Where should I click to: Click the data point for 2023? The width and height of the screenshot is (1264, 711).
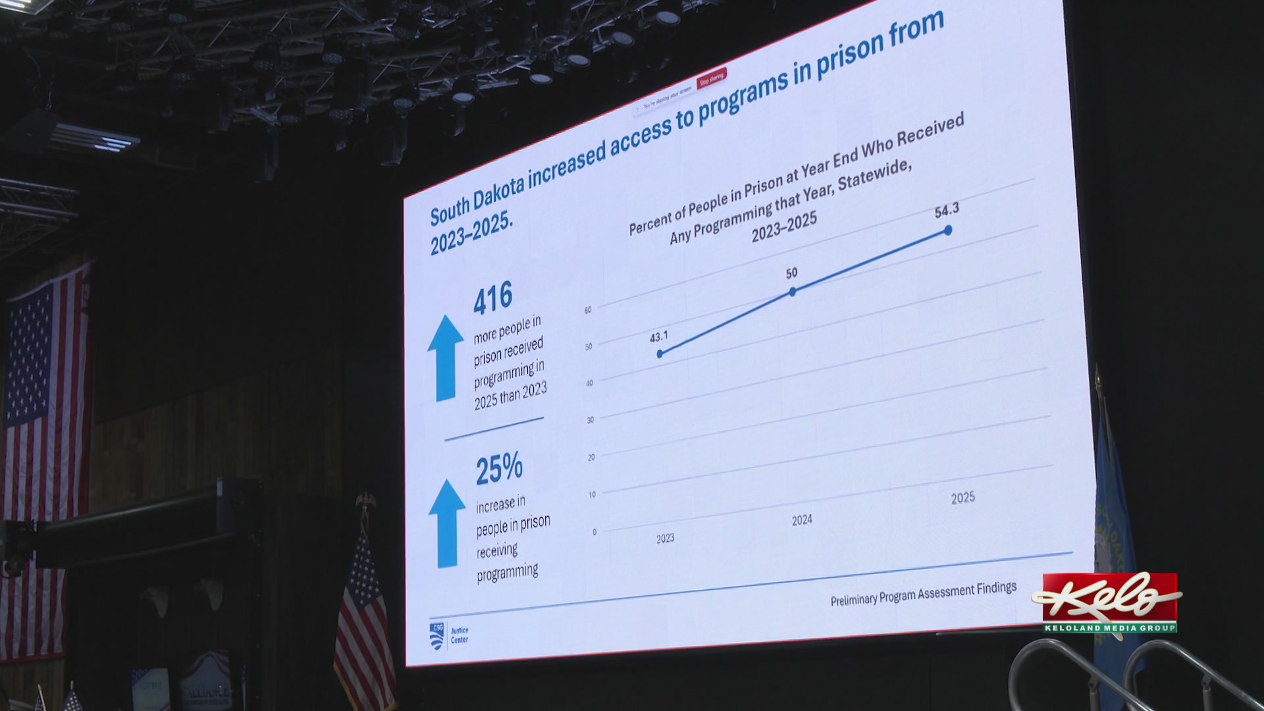coord(660,354)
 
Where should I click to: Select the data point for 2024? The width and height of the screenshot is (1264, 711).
coord(793,292)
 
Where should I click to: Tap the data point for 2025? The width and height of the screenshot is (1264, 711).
coord(948,230)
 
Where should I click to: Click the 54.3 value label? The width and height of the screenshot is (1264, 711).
coord(947,211)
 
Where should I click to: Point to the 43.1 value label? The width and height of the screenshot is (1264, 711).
coord(658,337)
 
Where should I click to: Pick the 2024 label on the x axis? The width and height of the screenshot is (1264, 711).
coord(802,521)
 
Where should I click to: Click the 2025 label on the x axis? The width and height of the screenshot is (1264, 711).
coord(962,498)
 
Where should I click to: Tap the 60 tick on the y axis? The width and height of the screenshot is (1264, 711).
coord(587,310)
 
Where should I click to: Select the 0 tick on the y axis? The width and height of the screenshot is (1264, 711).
coord(594,532)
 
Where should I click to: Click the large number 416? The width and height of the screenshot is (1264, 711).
coord(492,298)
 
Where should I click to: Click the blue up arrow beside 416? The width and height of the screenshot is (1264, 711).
coord(446,358)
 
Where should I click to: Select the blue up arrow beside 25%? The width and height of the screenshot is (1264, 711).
coord(447,523)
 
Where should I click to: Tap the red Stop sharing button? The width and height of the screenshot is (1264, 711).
coord(712,78)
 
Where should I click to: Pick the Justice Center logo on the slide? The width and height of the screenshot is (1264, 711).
coord(448,635)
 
